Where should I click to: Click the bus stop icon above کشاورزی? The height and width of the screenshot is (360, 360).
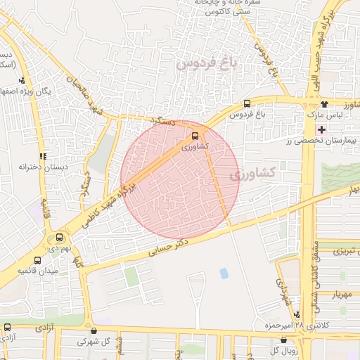click(x=195, y=136)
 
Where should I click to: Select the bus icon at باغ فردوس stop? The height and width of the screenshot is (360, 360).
click(x=246, y=104)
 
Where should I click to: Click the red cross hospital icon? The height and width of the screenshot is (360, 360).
click(x=322, y=129)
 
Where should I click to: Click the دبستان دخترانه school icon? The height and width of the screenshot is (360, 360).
click(x=43, y=156)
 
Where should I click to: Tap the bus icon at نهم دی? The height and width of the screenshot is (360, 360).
click(x=60, y=238)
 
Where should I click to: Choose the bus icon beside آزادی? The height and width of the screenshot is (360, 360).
click(x=8, y=328)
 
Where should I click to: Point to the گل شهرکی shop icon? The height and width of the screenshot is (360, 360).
click(x=94, y=330)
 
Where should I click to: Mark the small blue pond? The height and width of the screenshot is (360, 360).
click(x=224, y=273)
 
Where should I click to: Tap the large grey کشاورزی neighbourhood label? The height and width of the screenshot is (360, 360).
click(x=271, y=172)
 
